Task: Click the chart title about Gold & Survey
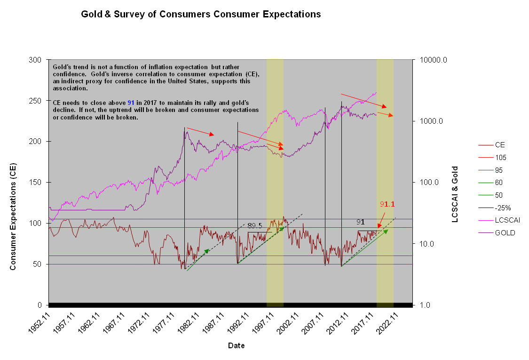click(x=201, y=14)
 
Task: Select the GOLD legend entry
click(x=505, y=233)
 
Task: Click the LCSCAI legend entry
click(x=507, y=220)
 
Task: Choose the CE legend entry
click(x=500, y=145)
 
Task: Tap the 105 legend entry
click(x=501, y=158)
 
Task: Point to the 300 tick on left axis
click(x=36, y=60)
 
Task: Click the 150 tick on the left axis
click(x=36, y=183)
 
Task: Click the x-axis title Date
click(x=236, y=345)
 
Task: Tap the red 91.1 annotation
click(x=387, y=204)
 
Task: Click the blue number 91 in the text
click(x=131, y=103)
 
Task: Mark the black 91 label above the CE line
click(x=360, y=222)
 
